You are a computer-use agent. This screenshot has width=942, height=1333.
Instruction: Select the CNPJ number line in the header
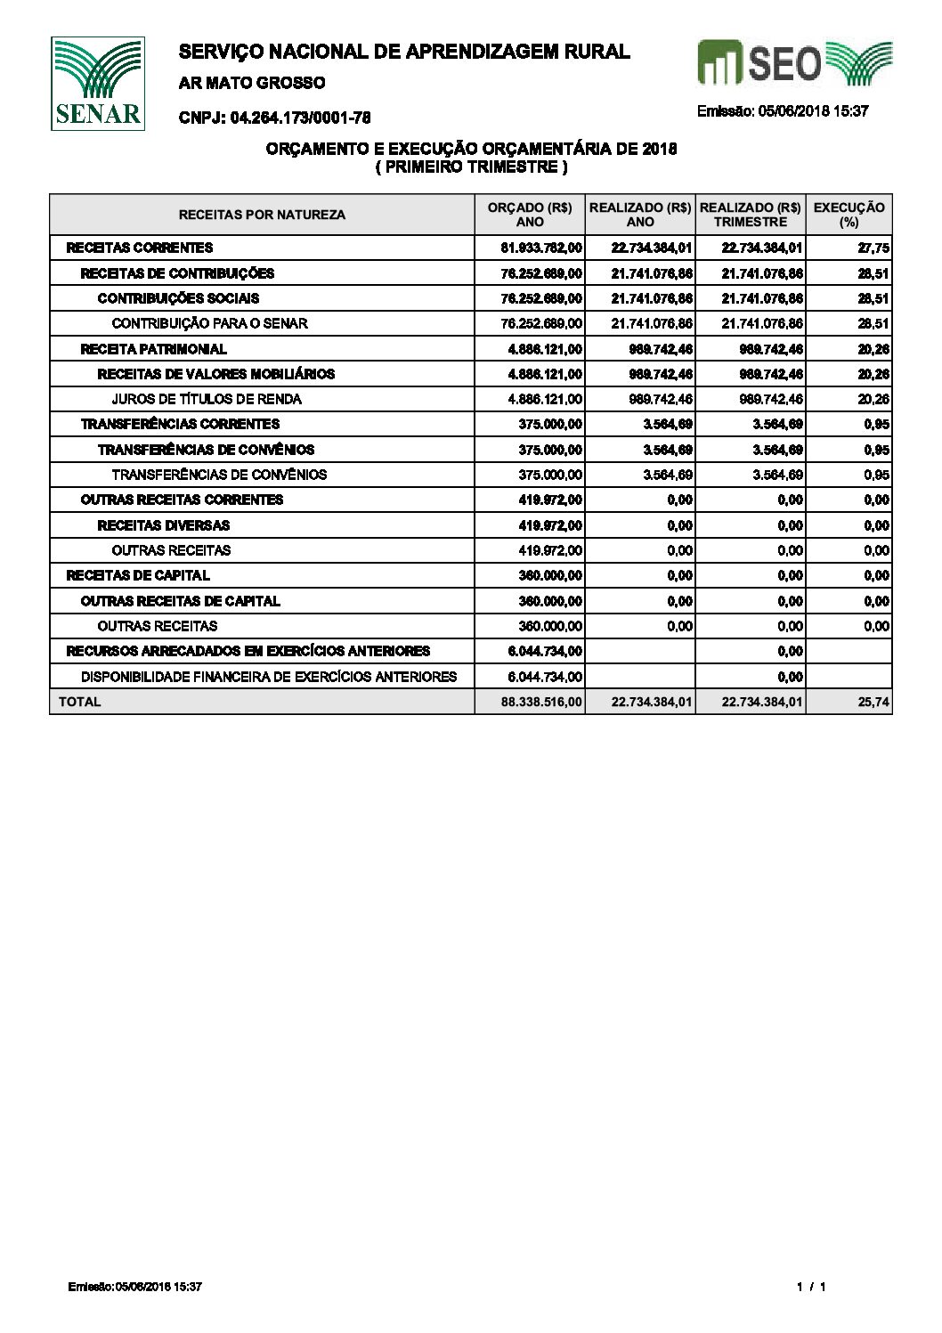click(x=274, y=118)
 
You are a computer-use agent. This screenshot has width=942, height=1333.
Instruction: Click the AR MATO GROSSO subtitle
click(x=252, y=83)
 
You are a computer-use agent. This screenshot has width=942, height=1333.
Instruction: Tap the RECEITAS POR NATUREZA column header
click(x=262, y=215)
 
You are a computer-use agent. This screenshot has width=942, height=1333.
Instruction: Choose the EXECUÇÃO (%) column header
click(x=849, y=215)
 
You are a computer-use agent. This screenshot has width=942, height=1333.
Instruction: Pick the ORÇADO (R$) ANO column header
click(x=530, y=215)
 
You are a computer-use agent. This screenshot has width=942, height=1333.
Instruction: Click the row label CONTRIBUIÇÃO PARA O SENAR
click(x=209, y=323)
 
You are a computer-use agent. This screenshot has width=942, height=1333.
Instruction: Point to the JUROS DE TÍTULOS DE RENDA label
click(x=206, y=399)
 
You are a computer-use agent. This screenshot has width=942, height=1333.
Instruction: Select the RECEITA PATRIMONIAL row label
click(x=153, y=349)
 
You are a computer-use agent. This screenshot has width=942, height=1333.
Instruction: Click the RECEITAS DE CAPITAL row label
click(x=138, y=575)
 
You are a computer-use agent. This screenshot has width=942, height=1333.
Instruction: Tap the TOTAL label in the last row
click(x=79, y=702)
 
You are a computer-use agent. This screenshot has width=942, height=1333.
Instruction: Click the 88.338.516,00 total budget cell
click(x=541, y=703)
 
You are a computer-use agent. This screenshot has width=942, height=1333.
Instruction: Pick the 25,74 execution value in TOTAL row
click(x=876, y=703)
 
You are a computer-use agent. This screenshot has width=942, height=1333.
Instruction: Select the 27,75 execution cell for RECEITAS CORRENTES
click(x=876, y=248)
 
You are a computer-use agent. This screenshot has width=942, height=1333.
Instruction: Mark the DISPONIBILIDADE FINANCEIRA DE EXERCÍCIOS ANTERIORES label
click(x=268, y=677)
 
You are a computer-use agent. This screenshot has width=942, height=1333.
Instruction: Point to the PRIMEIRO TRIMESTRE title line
click(x=471, y=167)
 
